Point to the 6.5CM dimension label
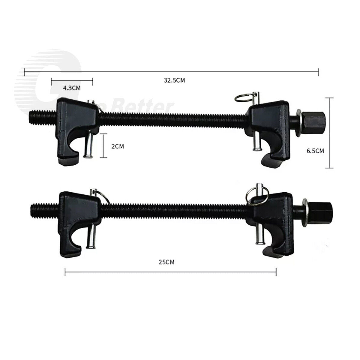(x=315, y=151)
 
